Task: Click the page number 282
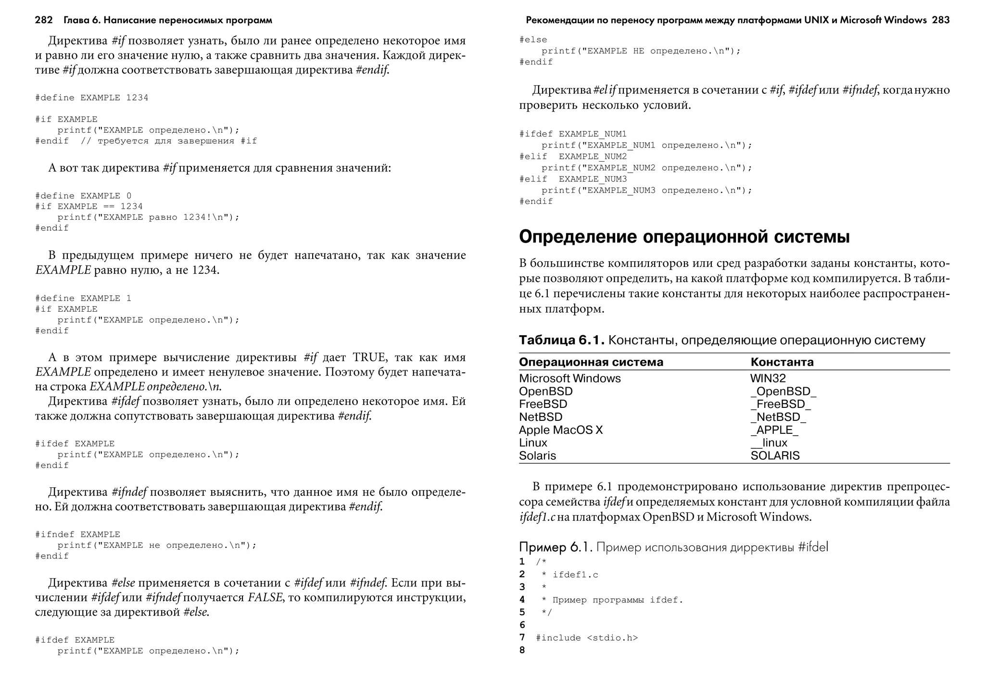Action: tap(44, 20)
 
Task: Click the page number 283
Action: tap(940, 20)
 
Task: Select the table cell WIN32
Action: tap(768, 379)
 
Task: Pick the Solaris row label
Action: tap(537, 456)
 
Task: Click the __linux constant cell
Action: tap(769, 443)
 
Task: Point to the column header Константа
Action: tap(782, 362)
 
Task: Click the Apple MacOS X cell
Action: tap(560, 430)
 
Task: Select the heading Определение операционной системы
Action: tap(684, 237)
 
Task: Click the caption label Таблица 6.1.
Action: tap(561, 341)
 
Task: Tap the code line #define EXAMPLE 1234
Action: tap(91, 98)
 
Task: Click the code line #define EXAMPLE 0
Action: tap(83, 196)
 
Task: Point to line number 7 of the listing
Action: tap(522, 638)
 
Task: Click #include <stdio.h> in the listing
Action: tap(586, 638)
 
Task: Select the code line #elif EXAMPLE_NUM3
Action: tap(573, 179)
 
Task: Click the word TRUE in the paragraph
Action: tap(369, 357)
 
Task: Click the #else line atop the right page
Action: tap(533, 39)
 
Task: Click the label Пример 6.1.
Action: tap(556, 547)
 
